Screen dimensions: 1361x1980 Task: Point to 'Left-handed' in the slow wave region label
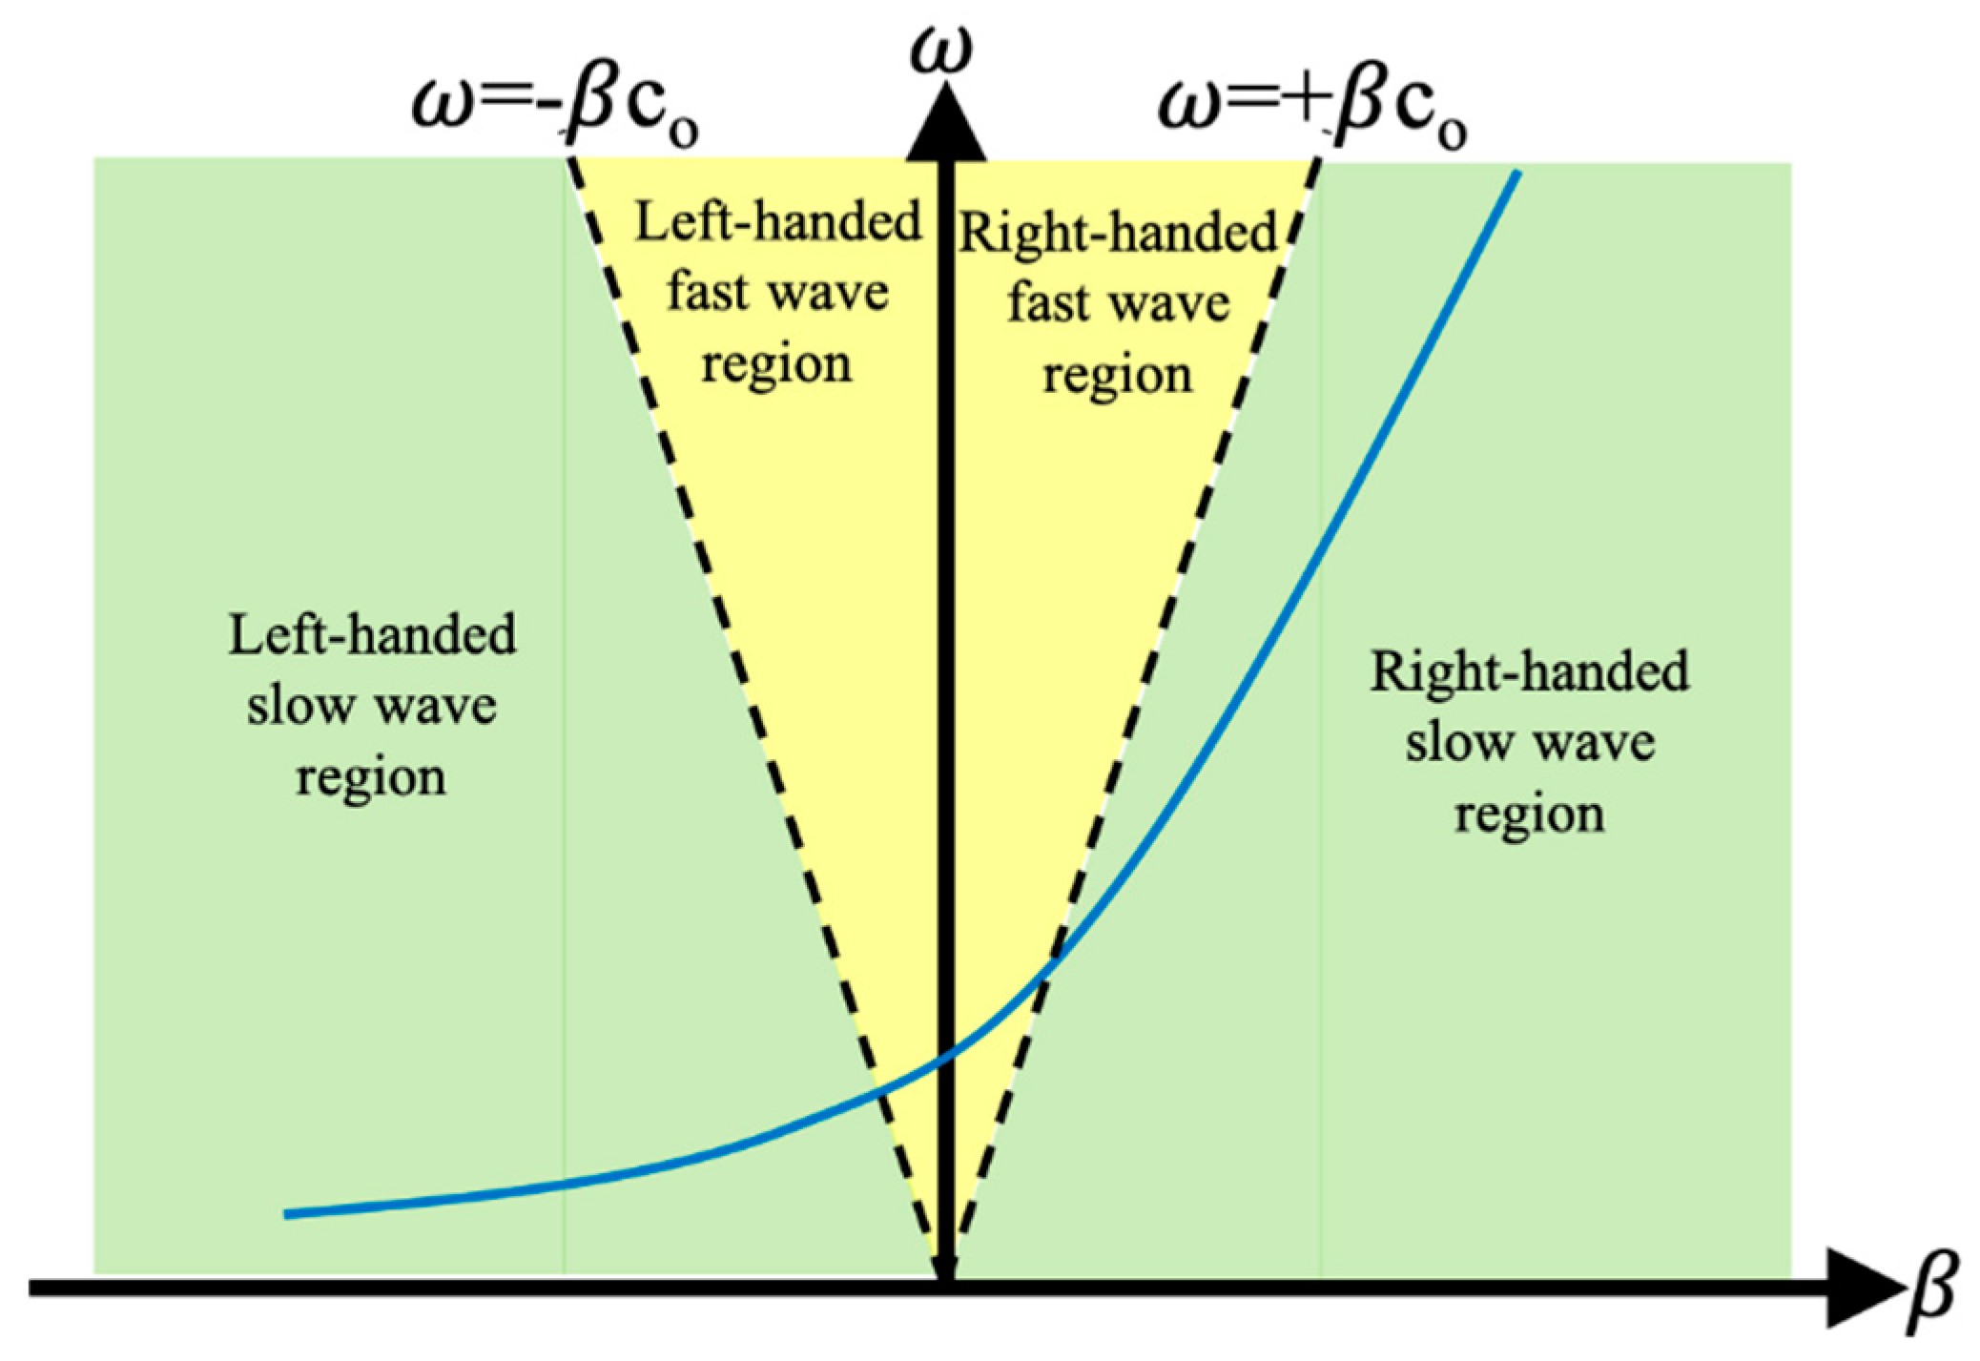372,635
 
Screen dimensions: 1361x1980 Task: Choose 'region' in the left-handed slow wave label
370,776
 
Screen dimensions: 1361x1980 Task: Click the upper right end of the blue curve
1516,174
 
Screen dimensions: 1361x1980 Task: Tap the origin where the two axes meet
945,1289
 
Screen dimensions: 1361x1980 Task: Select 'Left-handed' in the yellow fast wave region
778,222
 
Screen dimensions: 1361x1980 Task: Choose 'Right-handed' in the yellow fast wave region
1117,233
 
